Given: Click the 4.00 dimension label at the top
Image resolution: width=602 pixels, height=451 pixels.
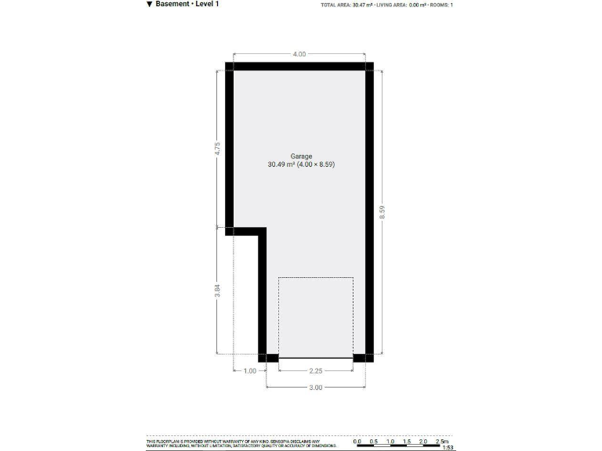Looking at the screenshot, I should [x=299, y=54].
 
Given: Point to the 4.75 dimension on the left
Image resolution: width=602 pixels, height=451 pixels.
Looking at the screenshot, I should [x=218, y=149].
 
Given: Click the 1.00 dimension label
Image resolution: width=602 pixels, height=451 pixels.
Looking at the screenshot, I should [x=249, y=371].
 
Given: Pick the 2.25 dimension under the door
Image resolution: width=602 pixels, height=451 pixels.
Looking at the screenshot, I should [x=316, y=371].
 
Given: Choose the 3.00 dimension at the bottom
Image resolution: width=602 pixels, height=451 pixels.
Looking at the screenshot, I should [x=316, y=388].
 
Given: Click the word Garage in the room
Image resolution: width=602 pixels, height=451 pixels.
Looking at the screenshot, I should [x=301, y=156].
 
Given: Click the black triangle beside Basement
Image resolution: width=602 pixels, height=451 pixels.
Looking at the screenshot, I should [x=149, y=4].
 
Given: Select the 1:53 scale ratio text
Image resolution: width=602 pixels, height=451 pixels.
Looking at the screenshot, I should [x=448, y=448].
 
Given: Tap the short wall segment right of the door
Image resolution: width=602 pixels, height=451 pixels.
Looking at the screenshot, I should [x=363, y=359].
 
